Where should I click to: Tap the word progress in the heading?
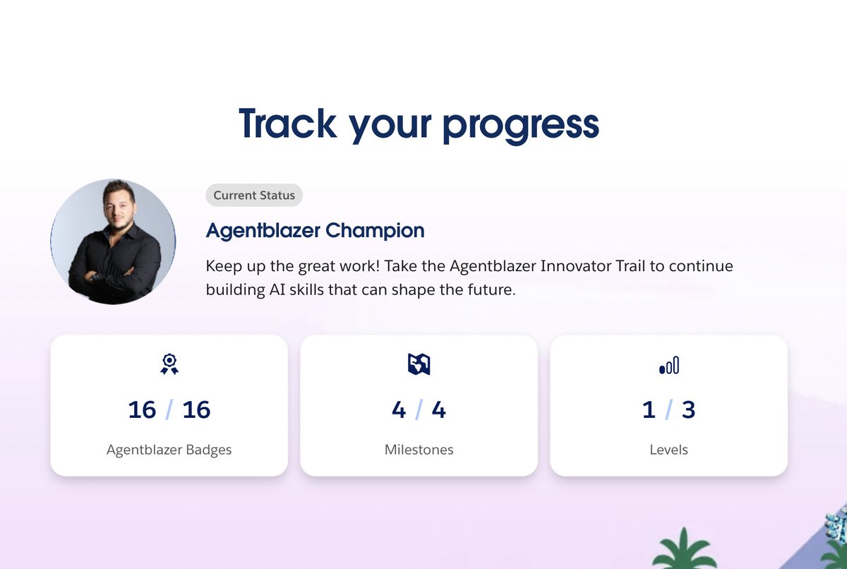[520, 124]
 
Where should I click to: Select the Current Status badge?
[254, 196]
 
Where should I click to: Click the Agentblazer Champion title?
[315, 230]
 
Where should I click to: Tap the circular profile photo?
[113, 241]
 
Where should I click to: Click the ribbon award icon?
[169, 364]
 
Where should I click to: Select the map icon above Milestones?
[419, 364]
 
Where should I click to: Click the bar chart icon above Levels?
[668, 365]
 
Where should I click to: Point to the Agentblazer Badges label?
[169, 450]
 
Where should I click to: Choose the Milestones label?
[419, 450]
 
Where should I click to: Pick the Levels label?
[668, 450]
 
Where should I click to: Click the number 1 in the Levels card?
[649, 409]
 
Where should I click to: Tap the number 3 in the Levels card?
[688, 409]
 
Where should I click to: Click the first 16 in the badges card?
[142, 409]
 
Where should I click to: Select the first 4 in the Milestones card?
[399, 409]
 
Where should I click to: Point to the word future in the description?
[486, 290]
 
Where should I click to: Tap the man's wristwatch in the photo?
[91, 276]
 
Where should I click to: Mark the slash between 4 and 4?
[419, 409]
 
